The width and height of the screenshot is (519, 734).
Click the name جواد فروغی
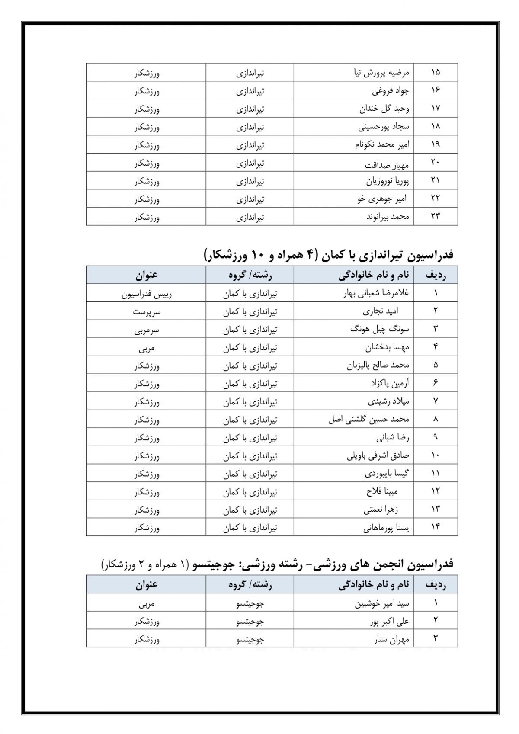[390, 90]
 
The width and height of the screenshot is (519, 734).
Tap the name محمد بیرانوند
[388, 217]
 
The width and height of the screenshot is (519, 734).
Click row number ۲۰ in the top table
[435, 163]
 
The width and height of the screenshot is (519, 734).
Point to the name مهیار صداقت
[387, 165]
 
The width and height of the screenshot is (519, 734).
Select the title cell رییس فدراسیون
[146, 294]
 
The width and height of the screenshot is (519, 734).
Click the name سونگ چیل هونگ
[379, 329]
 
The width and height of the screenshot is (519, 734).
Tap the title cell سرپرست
[146, 311]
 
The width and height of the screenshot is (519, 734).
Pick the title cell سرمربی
[146, 330]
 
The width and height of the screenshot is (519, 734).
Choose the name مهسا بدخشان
[387, 347]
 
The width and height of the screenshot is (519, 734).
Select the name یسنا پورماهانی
[386, 528]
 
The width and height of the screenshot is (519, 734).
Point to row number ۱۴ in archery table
[435, 527]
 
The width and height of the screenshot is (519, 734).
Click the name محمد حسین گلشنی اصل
[368, 419]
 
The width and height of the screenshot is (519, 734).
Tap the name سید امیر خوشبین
[382, 603]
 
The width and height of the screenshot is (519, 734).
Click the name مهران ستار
[391, 639]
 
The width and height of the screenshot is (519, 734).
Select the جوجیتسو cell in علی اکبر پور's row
[250, 621]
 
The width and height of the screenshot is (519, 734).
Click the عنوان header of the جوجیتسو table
[146, 585]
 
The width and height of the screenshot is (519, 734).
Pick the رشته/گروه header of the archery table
[250, 275]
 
